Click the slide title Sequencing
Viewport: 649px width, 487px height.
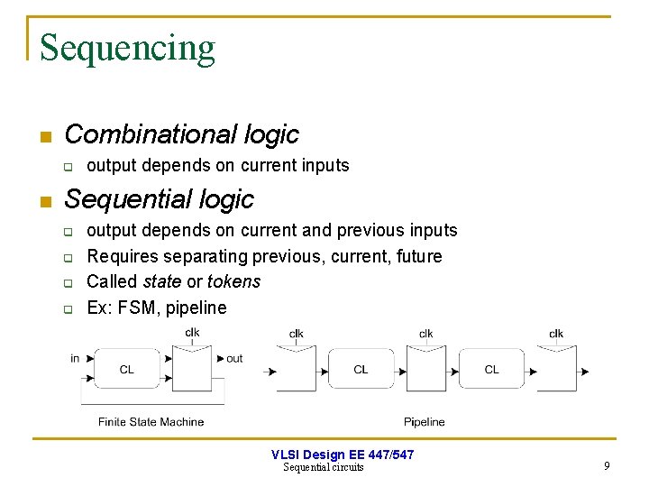(127, 48)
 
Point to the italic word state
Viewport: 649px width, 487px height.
(162, 281)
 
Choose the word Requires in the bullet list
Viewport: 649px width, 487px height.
(123, 256)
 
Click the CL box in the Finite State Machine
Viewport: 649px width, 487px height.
(127, 369)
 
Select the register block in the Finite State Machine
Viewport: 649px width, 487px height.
(193, 369)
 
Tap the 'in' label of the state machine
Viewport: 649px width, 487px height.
(75, 358)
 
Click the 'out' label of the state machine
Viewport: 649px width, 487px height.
(234, 358)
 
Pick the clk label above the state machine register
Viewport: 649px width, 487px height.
(193, 333)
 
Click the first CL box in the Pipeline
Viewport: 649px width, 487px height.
(361, 369)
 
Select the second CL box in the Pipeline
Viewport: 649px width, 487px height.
(491, 369)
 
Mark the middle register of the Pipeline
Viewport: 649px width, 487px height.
(426, 370)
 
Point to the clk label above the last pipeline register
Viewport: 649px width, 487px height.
(556, 334)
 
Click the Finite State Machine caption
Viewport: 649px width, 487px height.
(151, 421)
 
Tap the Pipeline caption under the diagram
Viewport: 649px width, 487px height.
(424, 421)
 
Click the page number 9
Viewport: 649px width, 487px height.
(607, 466)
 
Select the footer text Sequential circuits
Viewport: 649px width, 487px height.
(324, 467)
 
